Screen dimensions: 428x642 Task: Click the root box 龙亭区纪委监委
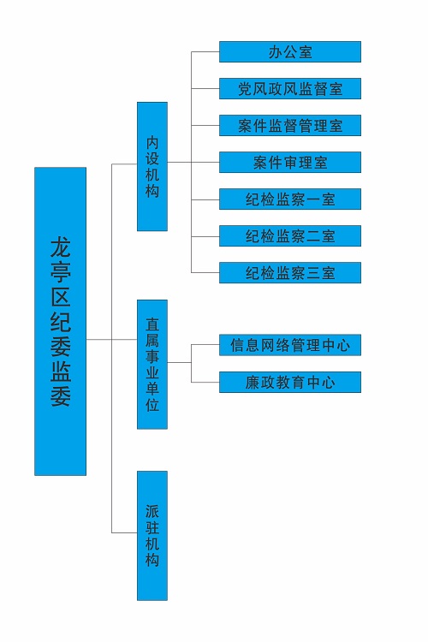60,321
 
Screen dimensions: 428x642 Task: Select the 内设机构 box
152,166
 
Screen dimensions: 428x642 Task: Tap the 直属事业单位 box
152,365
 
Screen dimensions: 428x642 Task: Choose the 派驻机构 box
152,536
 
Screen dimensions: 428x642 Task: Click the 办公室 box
290,51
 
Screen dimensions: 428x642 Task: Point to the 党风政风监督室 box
290,88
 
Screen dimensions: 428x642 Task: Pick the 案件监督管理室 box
290,125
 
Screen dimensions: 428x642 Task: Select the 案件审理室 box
290,162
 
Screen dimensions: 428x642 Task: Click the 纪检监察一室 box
290,199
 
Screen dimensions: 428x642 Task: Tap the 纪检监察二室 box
290,236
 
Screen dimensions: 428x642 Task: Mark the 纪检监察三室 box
290,273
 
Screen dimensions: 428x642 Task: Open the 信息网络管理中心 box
290,345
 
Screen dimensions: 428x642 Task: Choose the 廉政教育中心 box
290,382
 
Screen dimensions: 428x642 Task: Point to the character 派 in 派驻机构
152,511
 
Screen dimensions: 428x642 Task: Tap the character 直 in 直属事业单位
152,324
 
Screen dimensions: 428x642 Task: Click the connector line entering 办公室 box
205,51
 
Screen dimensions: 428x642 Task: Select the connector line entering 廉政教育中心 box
205,383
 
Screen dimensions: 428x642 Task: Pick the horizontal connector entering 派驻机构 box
124,532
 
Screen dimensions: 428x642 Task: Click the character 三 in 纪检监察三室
313,273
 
